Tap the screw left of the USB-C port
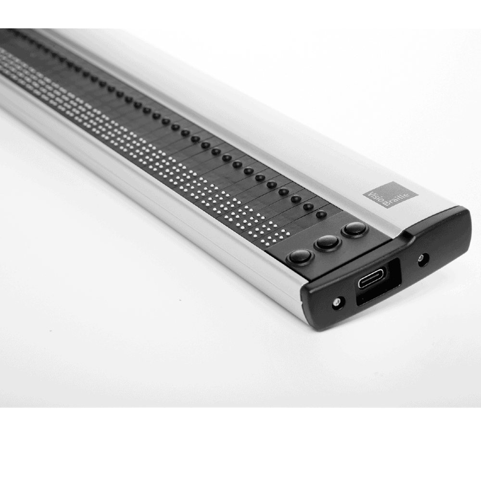coord(338,302)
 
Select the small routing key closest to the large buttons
coord(321,214)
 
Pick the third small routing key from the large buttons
coord(296,199)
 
